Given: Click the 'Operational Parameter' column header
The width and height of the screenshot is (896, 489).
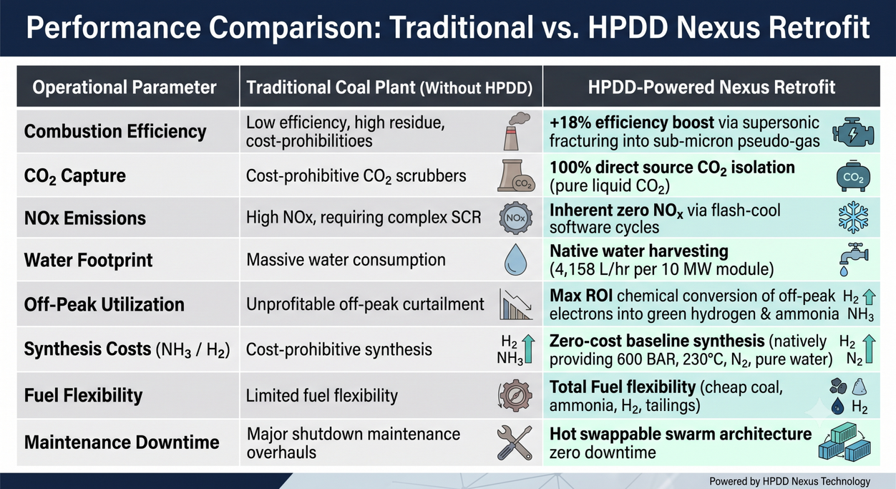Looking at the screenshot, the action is pyautogui.click(x=125, y=87).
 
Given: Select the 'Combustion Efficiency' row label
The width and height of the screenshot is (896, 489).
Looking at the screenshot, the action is pyautogui.click(x=115, y=131).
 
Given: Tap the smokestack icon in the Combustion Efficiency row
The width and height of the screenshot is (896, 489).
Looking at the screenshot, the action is pyautogui.click(x=517, y=131).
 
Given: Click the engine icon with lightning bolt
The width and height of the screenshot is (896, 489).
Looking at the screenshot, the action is pyautogui.click(x=853, y=132).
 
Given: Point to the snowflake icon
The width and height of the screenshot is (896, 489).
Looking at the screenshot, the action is pyautogui.click(x=853, y=217).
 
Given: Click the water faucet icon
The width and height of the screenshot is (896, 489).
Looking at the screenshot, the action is pyautogui.click(x=854, y=259).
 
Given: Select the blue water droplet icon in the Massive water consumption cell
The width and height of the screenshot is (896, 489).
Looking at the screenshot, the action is pyautogui.click(x=515, y=259).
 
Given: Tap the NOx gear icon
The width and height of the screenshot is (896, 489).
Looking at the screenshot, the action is pyautogui.click(x=515, y=218).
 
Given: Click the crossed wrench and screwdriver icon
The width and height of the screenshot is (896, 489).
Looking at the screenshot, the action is pyautogui.click(x=515, y=442).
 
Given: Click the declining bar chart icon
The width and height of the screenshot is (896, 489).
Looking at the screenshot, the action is pyautogui.click(x=515, y=304).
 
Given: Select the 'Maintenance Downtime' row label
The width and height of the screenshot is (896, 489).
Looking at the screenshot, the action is pyautogui.click(x=122, y=442).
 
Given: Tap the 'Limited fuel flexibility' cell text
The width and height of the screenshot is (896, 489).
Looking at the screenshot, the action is pyautogui.click(x=321, y=396).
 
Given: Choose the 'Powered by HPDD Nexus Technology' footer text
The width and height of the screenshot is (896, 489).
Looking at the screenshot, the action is pyautogui.click(x=789, y=481).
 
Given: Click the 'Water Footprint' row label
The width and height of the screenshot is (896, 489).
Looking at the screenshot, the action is pyautogui.click(x=88, y=260).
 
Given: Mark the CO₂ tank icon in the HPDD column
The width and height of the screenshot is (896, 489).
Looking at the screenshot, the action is pyautogui.click(x=853, y=175).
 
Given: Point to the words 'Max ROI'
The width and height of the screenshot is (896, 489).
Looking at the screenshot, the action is pyautogui.click(x=581, y=296).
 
